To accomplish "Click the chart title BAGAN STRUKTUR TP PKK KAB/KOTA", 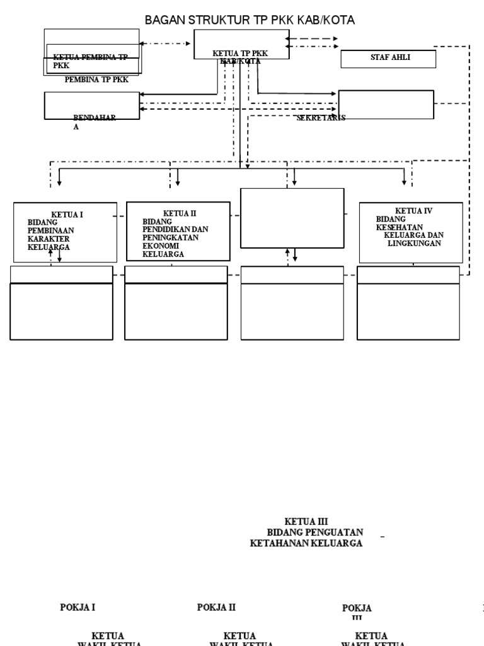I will pyautogui.click(x=250, y=20).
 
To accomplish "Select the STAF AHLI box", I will pyautogui.click(x=388, y=59).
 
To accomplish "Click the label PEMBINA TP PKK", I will pyautogui.click(x=96, y=79).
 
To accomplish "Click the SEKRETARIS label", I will pyautogui.click(x=321, y=118).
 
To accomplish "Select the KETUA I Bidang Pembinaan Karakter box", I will pyautogui.click(x=65, y=232).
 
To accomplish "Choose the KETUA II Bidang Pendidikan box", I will pyautogui.click(x=178, y=231).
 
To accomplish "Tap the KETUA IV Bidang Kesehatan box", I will pyautogui.click(x=411, y=232).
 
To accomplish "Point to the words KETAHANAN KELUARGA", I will pyautogui.click(x=306, y=543).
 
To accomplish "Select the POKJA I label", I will pyautogui.click(x=78, y=608).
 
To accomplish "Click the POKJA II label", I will pyautogui.click(x=216, y=608).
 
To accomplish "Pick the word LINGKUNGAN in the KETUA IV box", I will pyautogui.click(x=413, y=243).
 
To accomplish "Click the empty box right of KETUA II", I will pyautogui.click(x=292, y=218).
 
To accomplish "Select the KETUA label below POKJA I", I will pyautogui.click(x=108, y=635).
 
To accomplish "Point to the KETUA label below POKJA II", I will pyautogui.click(x=239, y=635).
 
